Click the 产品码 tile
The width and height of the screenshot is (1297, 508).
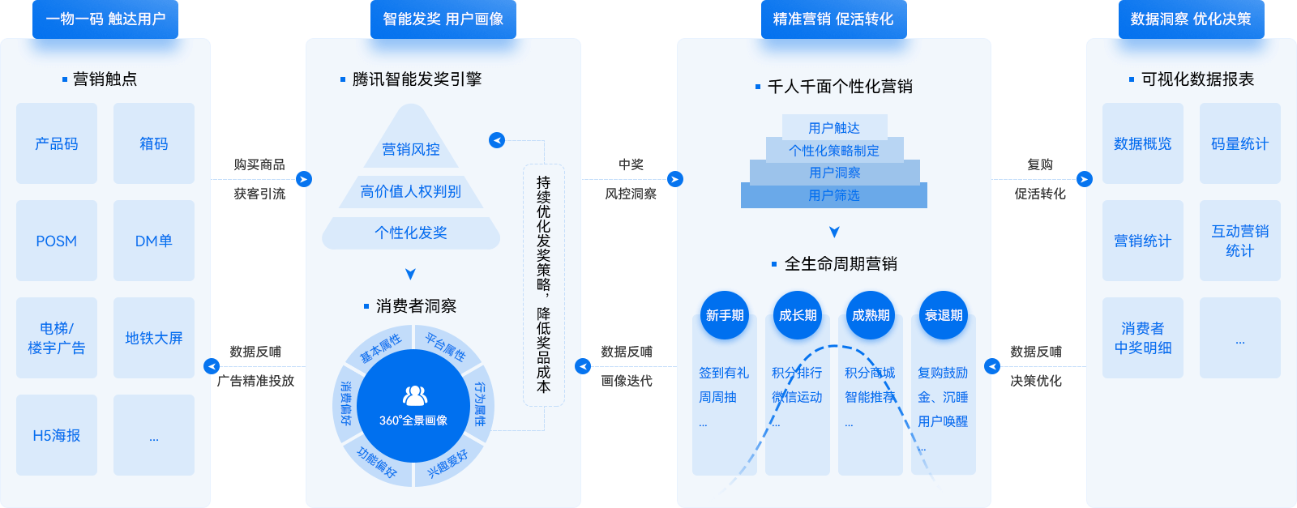click(57, 143)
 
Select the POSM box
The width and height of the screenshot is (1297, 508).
click(57, 241)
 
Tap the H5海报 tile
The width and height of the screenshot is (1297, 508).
click(57, 435)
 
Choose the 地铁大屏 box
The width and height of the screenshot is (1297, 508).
click(154, 338)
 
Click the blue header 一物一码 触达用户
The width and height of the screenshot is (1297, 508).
click(105, 19)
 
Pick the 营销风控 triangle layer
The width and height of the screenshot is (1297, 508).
click(411, 148)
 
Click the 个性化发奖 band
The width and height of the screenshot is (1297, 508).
click(411, 233)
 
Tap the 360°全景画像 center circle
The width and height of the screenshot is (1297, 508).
click(413, 406)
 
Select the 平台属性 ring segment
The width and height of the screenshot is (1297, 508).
click(446, 346)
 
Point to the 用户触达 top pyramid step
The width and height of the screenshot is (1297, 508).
click(834, 127)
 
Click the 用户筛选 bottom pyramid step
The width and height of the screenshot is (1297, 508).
click(834, 195)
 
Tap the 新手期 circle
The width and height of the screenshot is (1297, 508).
click(725, 315)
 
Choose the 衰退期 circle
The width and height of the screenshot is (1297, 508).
click(944, 315)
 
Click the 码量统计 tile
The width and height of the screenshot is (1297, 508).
click(1240, 143)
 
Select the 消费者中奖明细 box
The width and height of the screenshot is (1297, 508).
click(1143, 338)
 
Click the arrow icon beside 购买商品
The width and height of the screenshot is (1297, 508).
click(304, 179)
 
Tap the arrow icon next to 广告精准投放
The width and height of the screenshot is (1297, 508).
click(212, 366)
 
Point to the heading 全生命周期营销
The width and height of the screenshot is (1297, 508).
click(841, 263)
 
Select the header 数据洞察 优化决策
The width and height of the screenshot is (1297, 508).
click(1191, 19)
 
